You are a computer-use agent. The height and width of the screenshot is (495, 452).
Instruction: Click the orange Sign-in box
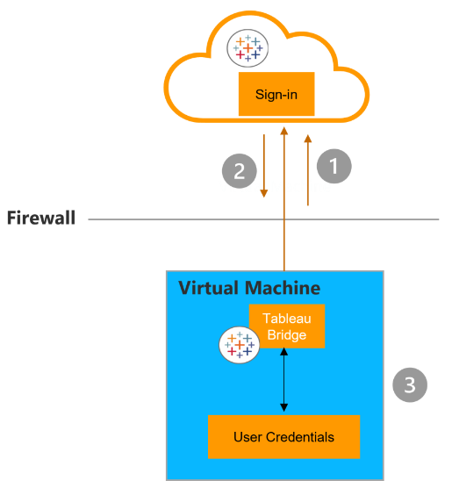pos(276,94)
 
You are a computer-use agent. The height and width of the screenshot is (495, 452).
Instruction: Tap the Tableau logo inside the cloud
pos(248,48)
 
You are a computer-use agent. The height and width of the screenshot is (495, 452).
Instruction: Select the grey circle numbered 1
pos(334,166)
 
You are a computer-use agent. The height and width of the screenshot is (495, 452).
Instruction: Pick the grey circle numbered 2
pos(240,171)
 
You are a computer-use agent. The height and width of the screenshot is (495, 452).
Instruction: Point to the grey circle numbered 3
pos(410,384)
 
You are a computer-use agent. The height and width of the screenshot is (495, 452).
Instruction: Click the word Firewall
pos(41,218)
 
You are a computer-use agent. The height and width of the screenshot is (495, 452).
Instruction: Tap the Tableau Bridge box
pos(287,326)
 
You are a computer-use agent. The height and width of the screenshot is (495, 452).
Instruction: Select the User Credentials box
pos(283,436)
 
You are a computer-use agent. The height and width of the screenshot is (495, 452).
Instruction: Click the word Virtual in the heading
pos(208,288)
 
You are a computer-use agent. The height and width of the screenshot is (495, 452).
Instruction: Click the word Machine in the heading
pos(283,288)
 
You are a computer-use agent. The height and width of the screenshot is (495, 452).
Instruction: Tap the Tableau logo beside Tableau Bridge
pos(240,345)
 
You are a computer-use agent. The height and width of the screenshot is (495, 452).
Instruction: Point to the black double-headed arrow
pos(284,379)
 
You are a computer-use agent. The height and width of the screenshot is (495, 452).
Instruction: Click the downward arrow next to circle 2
pos(264,166)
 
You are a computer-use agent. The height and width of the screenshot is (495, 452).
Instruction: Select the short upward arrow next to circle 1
pos(308,170)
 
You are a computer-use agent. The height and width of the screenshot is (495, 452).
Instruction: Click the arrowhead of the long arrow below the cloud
pos(284,131)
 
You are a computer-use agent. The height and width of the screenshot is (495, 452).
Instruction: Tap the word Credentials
pos(300,437)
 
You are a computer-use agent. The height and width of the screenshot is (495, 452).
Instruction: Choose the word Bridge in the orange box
pos(287,335)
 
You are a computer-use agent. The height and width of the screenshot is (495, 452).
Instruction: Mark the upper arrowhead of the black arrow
pos(284,351)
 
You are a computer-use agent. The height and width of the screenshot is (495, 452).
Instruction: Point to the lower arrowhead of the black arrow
pos(284,407)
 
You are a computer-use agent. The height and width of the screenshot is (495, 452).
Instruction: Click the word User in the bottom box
pos(248,437)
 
